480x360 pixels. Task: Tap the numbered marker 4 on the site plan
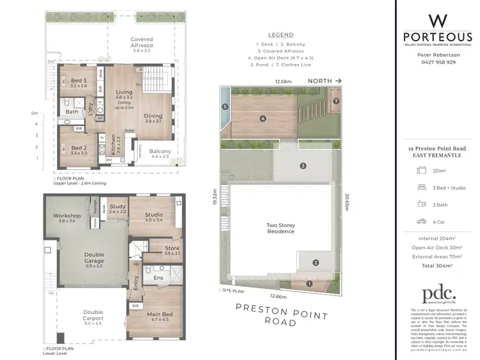pyautogui.click(x=263, y=118)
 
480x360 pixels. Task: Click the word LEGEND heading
pyautogui.click(x=281, y=35)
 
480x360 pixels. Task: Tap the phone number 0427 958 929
pyautogui.click(x=436, y=62)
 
